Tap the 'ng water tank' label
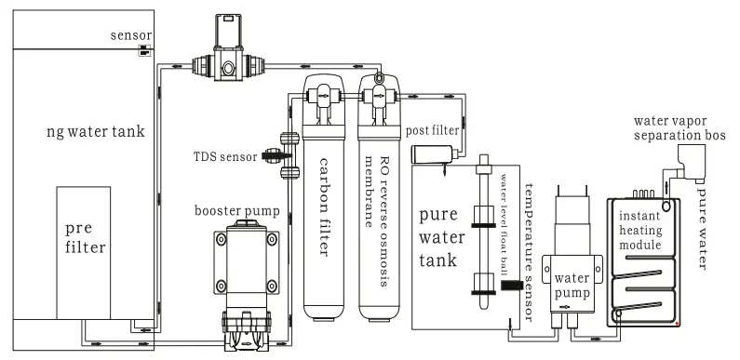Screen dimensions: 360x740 pyautogui.click(x=95, y=132)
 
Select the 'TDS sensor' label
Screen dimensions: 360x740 pyautogui.click(x=226, y=157)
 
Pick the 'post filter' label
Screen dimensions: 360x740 pyautogui.click(x=433, y=131)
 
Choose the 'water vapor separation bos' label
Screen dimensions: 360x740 pyautogui.click(x=679, y=127)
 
